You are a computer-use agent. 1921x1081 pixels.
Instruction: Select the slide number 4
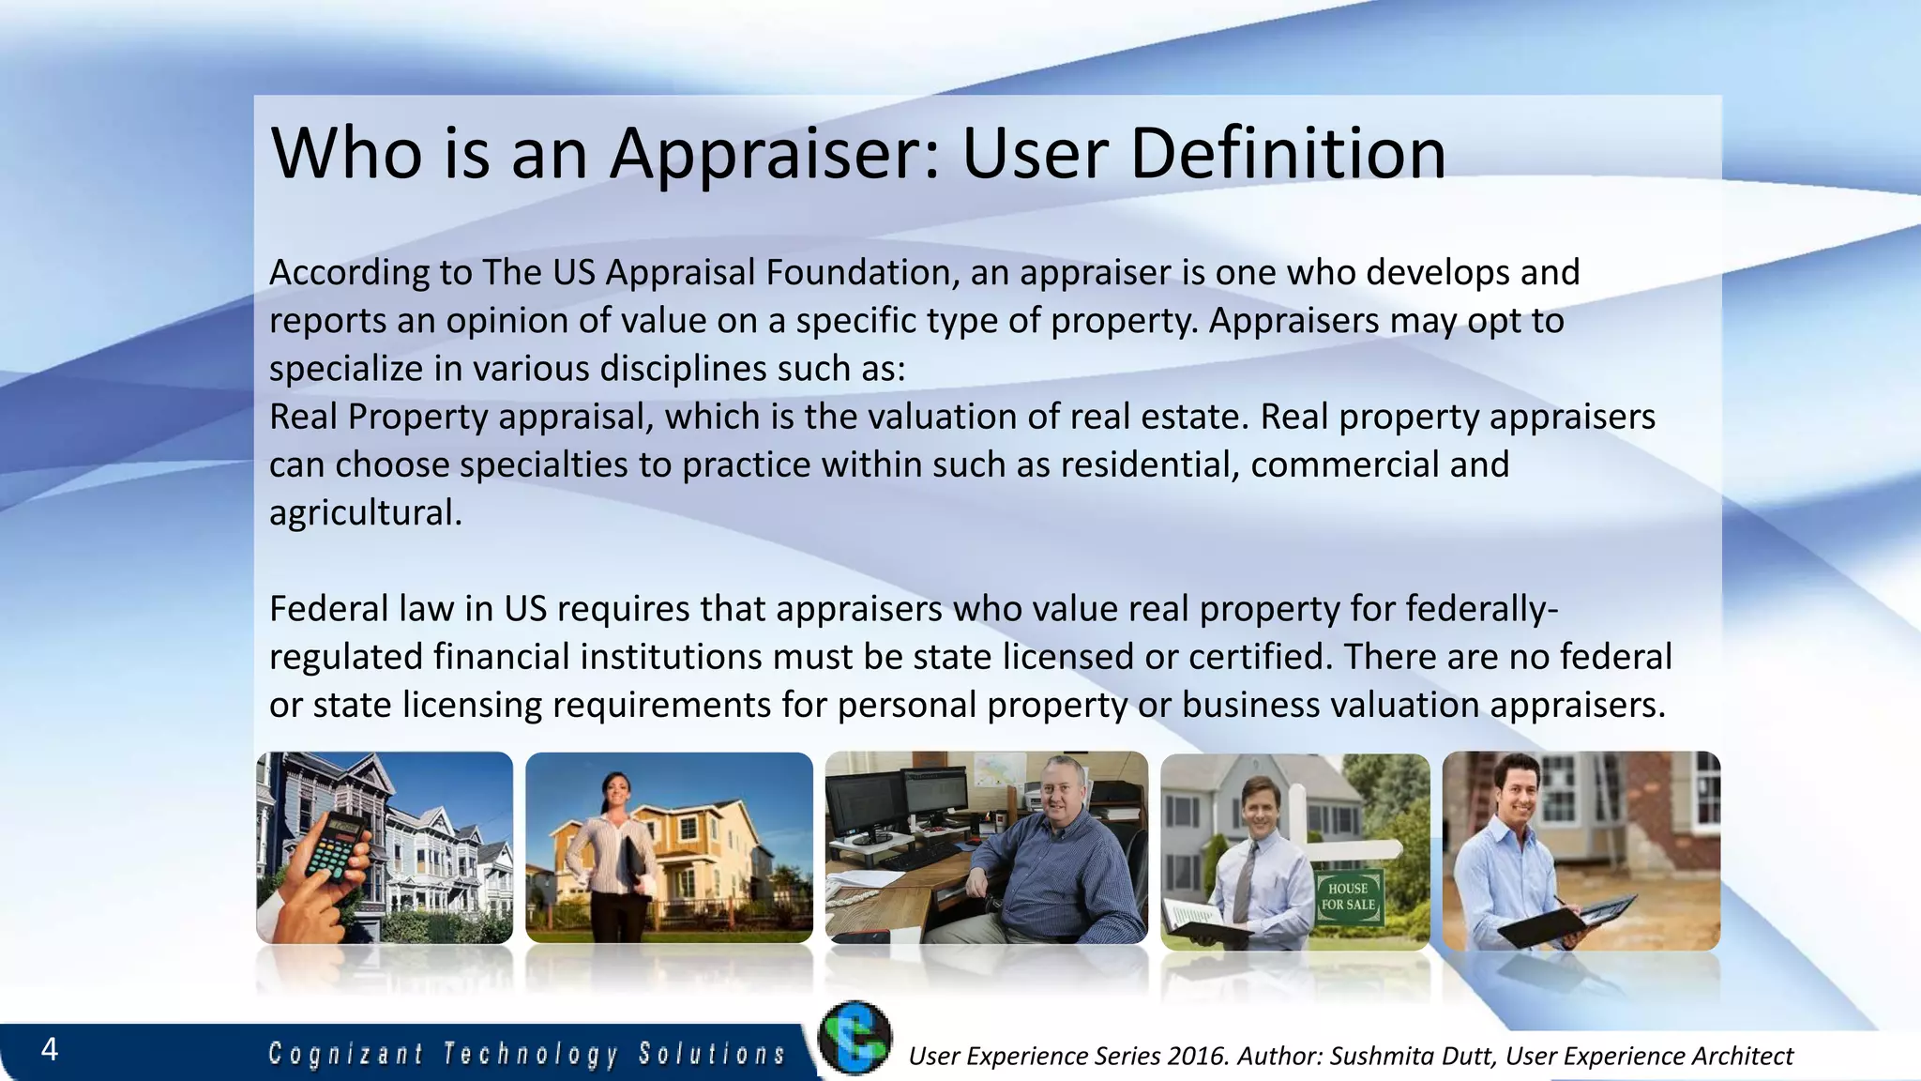[x=50, y=1049]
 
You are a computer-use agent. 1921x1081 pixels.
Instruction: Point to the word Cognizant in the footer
[x=346, y=1054]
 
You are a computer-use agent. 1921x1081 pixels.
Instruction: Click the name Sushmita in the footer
[x=1375, y=1057]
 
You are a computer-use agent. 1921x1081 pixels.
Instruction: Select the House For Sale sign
[x=1348, y=897]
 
